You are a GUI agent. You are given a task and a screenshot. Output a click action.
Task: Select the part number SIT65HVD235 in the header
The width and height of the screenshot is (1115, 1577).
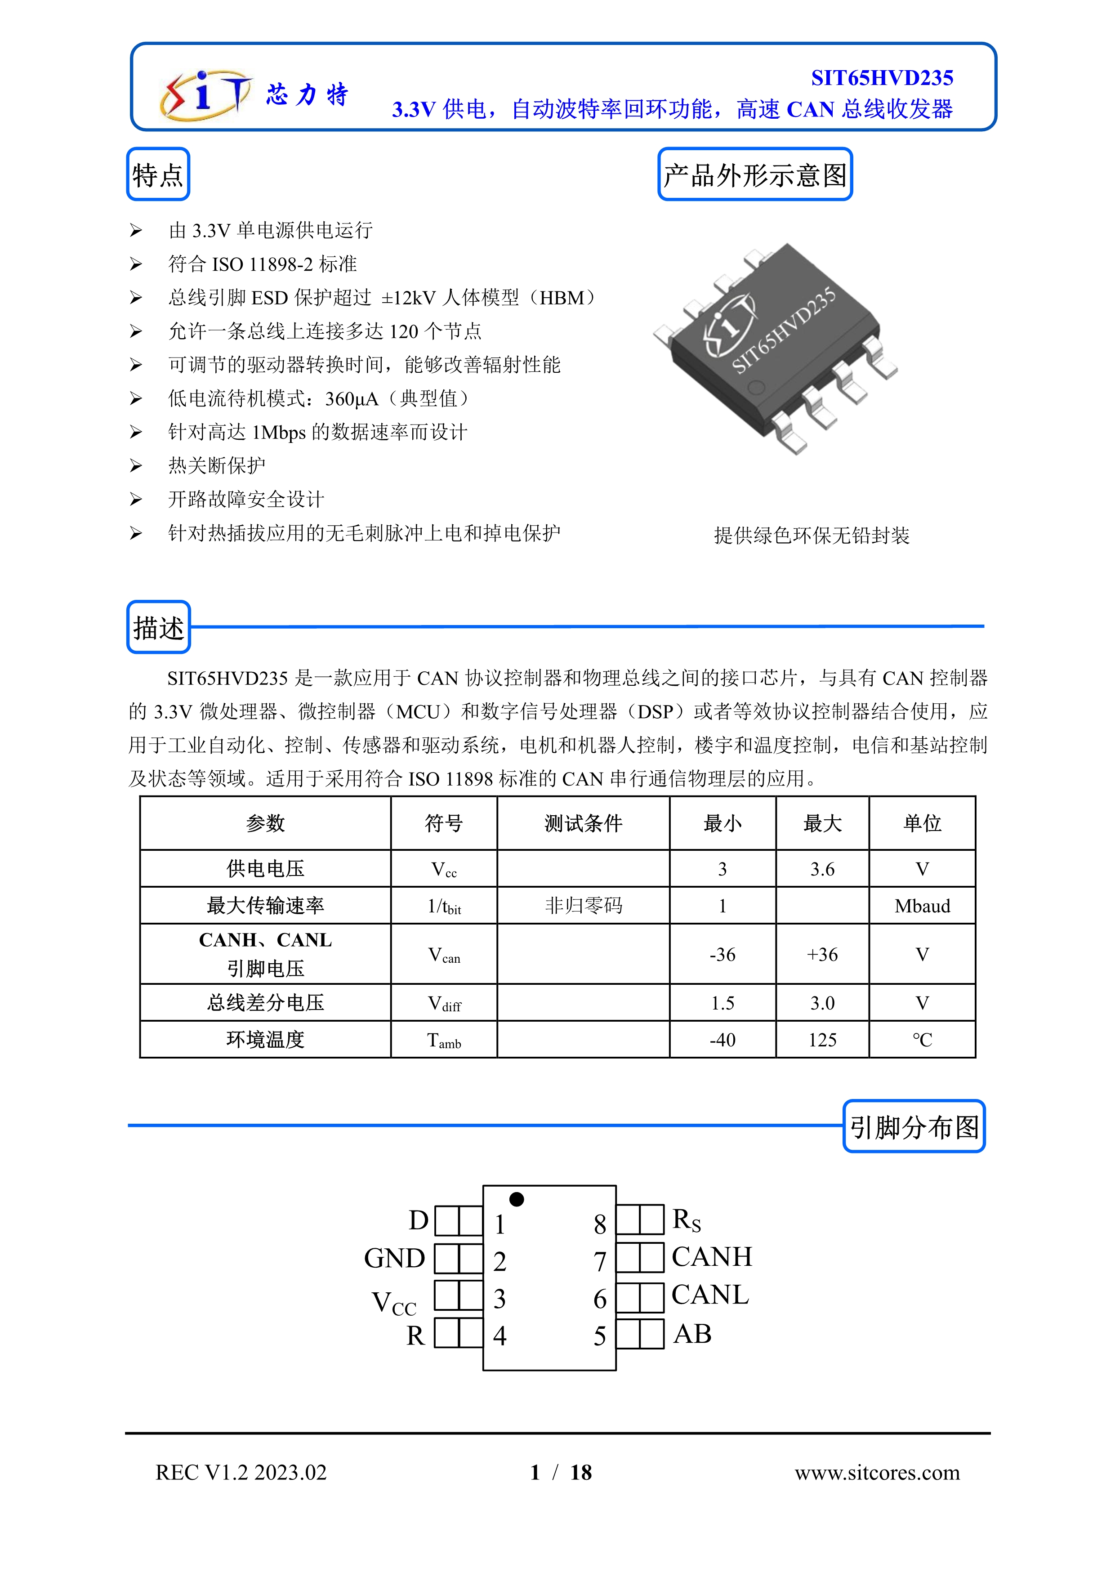coord(882,78)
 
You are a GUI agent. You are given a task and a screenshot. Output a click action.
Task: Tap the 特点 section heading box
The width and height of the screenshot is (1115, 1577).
coord(158,175)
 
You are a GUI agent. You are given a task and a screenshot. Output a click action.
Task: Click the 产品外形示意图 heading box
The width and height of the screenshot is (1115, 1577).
coord(754,175)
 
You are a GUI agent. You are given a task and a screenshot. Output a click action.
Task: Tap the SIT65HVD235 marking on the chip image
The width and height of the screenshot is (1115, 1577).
coord(783,331)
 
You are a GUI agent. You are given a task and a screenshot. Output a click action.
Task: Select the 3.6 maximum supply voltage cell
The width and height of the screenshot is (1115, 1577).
coord(822,869)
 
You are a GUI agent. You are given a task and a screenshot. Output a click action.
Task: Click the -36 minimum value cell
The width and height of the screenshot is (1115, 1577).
coord(723,954)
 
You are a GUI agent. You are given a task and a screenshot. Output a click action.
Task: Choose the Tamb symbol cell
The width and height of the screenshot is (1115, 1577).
coord(444,1040)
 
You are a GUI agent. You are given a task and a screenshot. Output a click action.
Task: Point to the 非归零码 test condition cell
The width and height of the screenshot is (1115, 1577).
coord(583,906)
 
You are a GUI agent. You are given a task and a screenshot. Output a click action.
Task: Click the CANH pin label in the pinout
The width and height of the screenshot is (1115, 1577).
coord(711,1257)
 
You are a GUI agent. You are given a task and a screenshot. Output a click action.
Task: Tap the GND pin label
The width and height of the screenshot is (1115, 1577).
coord(395,1258)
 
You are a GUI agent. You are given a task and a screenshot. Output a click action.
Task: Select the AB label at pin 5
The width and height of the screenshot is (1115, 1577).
coord(692,1334)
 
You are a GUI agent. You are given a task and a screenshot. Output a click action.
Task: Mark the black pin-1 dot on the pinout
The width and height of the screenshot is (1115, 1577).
coord(517,1199)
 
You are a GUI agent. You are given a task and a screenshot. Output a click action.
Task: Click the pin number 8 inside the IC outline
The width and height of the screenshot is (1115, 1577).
coord(599,1224)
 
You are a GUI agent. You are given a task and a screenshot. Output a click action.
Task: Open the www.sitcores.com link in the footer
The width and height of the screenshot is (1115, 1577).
coord(877,1473)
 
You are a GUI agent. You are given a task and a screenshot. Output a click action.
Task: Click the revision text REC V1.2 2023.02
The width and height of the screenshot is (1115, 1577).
coord(241,1473)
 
